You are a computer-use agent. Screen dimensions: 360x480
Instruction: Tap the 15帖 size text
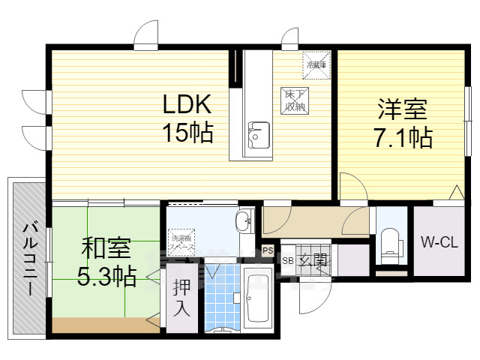click(x=188, y=133)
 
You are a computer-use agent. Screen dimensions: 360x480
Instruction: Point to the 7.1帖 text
click(x=403, y=138)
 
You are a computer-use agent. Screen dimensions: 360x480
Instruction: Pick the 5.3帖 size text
click(x=106, y=277)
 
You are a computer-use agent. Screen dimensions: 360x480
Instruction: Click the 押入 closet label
click(x=181, y=295)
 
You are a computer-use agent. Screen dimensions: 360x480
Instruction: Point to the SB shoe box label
click(x=288, y=260)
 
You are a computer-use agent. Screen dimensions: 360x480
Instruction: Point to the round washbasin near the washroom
click(x=244, y=221)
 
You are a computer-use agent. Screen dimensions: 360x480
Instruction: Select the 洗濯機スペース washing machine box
click(x=182, y=239)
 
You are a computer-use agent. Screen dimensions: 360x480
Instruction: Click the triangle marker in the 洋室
click(x=455, y=192)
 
